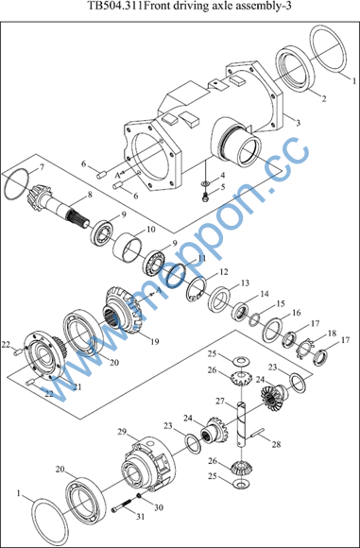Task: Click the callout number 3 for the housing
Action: click(x=298, y=123)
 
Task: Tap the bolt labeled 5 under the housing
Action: click(x=205, y=197)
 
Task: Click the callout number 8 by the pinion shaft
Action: click(x=90, y=196)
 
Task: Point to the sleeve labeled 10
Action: click(x=129, y=248)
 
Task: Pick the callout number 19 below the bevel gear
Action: click(x=154, y=341)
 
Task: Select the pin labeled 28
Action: click(x=259, y=433)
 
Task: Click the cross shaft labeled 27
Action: click(x=242, y=424)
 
